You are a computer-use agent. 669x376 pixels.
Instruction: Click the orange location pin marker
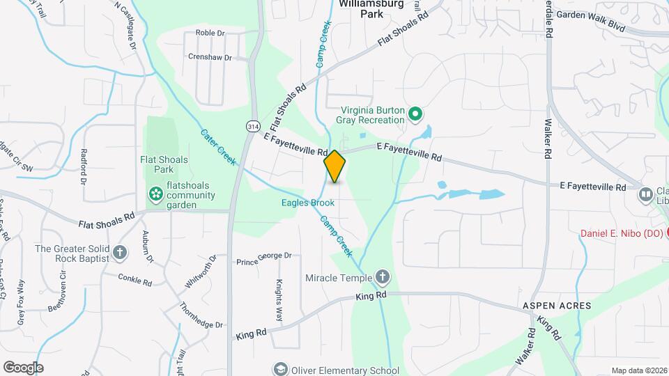click(x=334, y=166)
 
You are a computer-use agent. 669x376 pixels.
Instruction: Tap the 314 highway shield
click(x=251, y=126)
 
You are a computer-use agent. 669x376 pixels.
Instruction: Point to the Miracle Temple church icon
click(x=382, y=278)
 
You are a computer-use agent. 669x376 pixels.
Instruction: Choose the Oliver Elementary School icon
click(x=280, y=370)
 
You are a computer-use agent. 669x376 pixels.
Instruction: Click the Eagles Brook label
click(x=308, y=203)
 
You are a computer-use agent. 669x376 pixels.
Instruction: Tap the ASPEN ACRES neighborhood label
click(x=557, y=306)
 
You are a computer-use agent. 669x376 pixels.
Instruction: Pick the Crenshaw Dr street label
click(x=209, y=57)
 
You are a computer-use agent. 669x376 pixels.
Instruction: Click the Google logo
click(x=23, y=368)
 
